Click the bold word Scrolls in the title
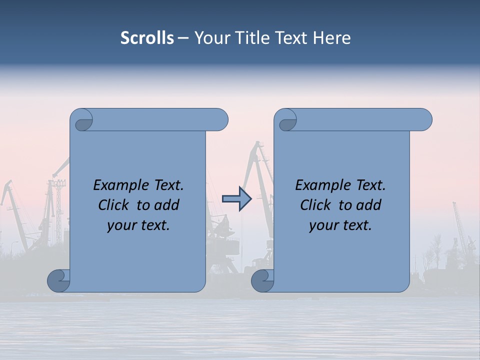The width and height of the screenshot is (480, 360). click(147, 38)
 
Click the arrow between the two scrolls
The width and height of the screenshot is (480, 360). click(236, 199)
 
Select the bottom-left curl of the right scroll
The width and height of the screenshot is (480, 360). click(262, 281)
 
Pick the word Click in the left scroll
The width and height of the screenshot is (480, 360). click(114, 205)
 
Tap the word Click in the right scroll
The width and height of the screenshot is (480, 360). click(316, 205)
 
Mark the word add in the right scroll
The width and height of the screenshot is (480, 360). click(370, 205)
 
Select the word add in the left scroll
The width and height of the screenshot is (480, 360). click(168, 205)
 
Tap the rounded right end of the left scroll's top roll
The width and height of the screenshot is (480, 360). click(220, 120)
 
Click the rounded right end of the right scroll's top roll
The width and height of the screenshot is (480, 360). click(424, 120)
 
